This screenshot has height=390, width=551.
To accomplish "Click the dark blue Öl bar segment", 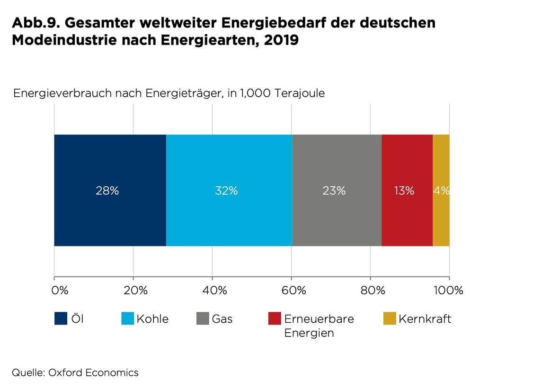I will pyautogui.click(x=110, y=161).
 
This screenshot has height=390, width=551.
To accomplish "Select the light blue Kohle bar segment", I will pyautogui.click(x=229, y=161).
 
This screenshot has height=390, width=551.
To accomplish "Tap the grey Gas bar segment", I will pyautogui.click(x=337, y=161).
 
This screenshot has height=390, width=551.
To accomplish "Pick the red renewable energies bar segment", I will pyautogui.click(x=407, y=161).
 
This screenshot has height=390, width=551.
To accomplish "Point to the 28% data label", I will pyautogui.click(x=107, y=191).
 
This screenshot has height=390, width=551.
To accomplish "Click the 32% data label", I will pyautogui.click(x=226, y=191).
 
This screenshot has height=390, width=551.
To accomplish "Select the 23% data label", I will pyautogui.click(x=334, y=191).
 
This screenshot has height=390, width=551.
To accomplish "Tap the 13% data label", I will pyautogui.click(x=404, y=191).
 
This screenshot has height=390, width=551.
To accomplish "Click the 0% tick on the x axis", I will pyautogui.click(x=60, y=290).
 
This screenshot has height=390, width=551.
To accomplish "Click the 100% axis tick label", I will pyautogui.click(x=448, y=290).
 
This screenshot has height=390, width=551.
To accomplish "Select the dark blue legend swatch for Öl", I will pyautogui.click(x=61, y=319).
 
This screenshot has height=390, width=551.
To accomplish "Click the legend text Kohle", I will pyautogui.click(x=152, y=319).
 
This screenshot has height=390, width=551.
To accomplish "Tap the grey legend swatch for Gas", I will pyautogui.click(x=203, y=319).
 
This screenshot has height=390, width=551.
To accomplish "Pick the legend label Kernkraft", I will pyautogui.click(x=425, y=319).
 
